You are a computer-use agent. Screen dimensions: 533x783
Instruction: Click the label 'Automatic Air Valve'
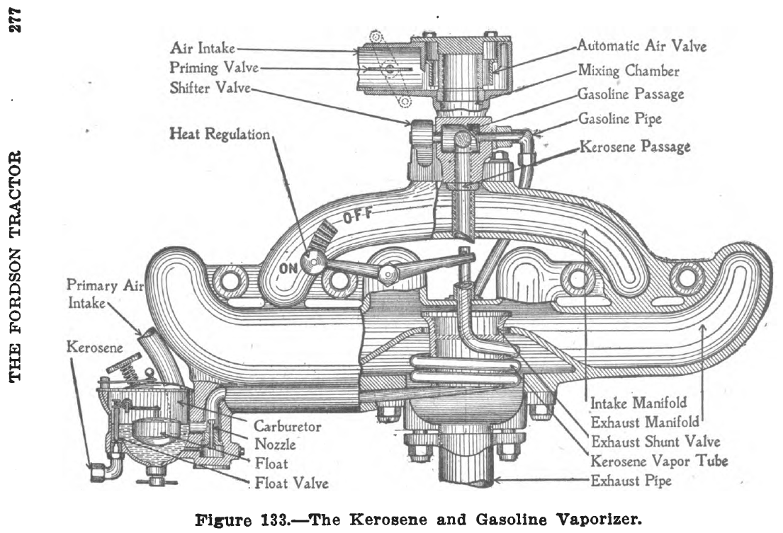641,47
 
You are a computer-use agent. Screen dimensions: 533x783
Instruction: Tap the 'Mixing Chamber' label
629,71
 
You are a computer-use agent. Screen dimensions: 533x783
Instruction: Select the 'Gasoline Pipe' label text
621,119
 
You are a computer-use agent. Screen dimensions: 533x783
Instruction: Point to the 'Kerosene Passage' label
635,147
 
